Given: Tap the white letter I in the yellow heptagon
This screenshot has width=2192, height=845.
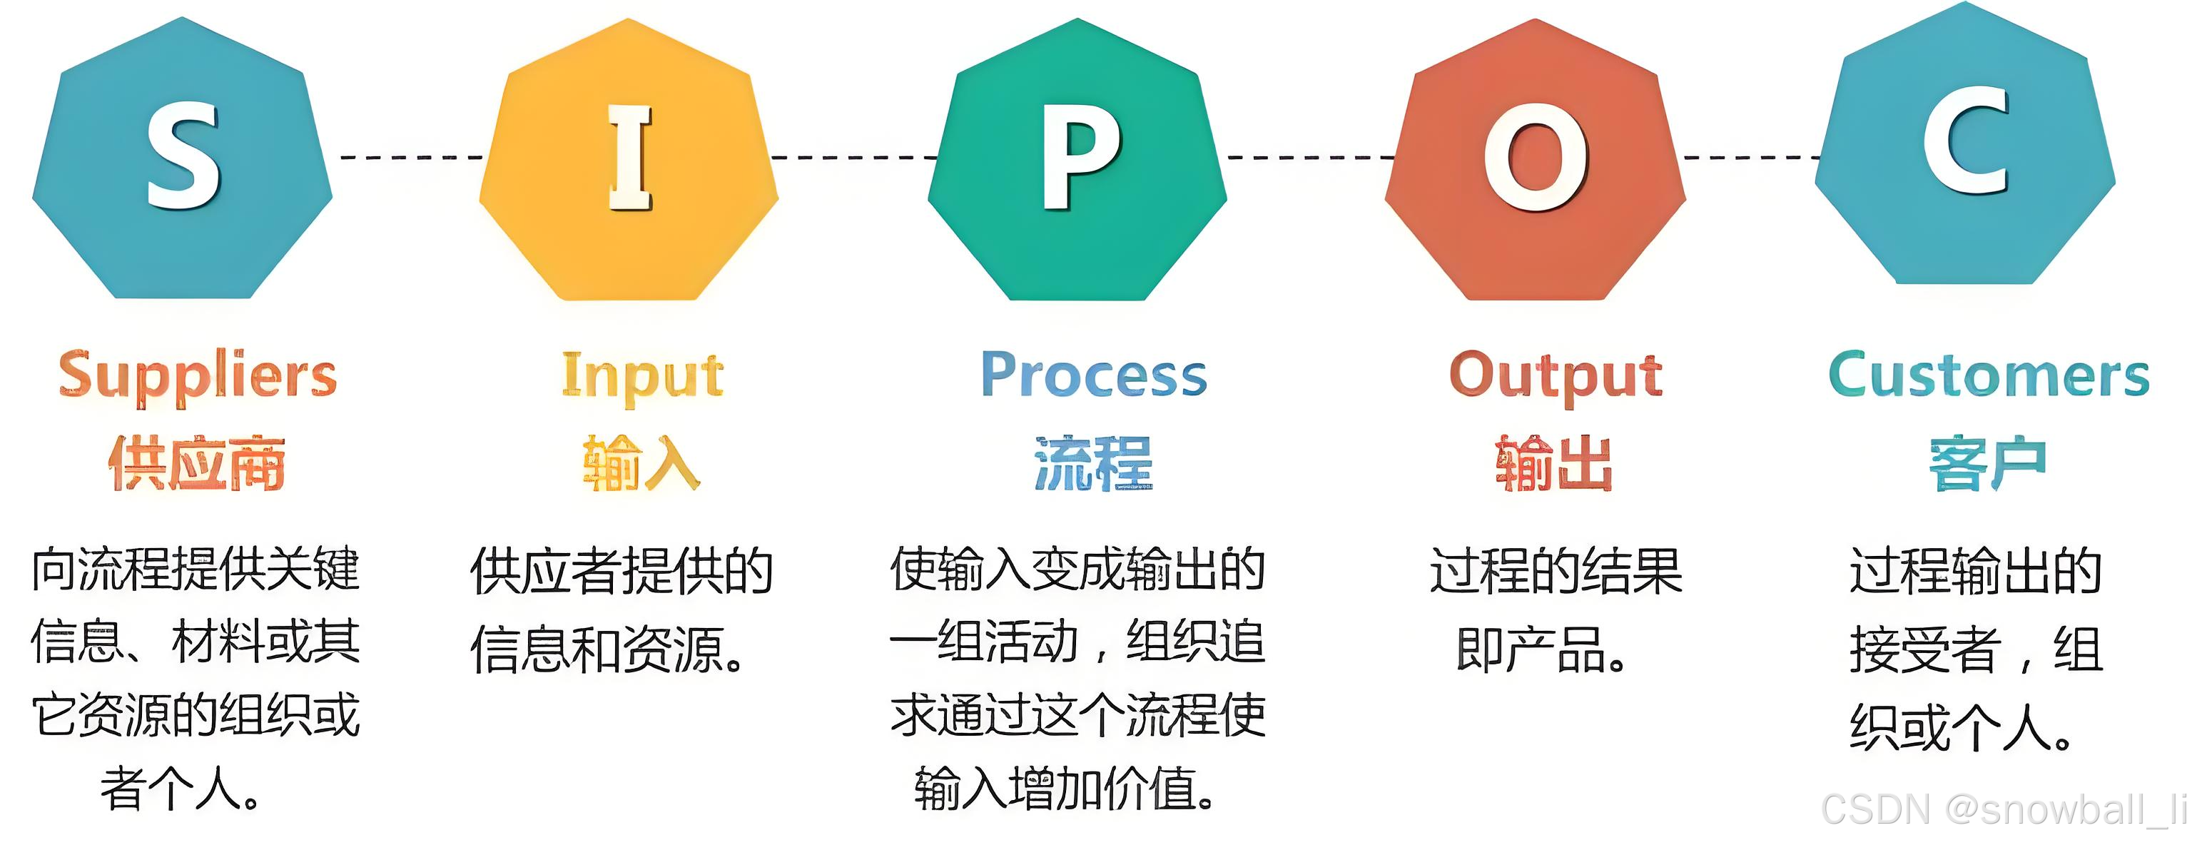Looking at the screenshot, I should pos(629,158).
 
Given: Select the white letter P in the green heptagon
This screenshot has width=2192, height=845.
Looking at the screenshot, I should pos(1079,158).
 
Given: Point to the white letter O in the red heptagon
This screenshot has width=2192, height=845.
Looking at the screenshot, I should pos(1536,158).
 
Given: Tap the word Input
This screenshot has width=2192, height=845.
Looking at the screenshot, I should pos(642,376).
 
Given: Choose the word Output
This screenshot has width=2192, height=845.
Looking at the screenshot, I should pos(1556,376).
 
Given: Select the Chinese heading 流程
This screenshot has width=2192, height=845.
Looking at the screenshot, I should pos(1093,464).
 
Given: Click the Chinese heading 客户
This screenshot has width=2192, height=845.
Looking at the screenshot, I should pos(1987,464).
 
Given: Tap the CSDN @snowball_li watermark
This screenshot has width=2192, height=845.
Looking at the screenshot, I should pos(2003,809).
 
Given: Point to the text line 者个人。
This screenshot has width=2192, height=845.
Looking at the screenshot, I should pos(181,789).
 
